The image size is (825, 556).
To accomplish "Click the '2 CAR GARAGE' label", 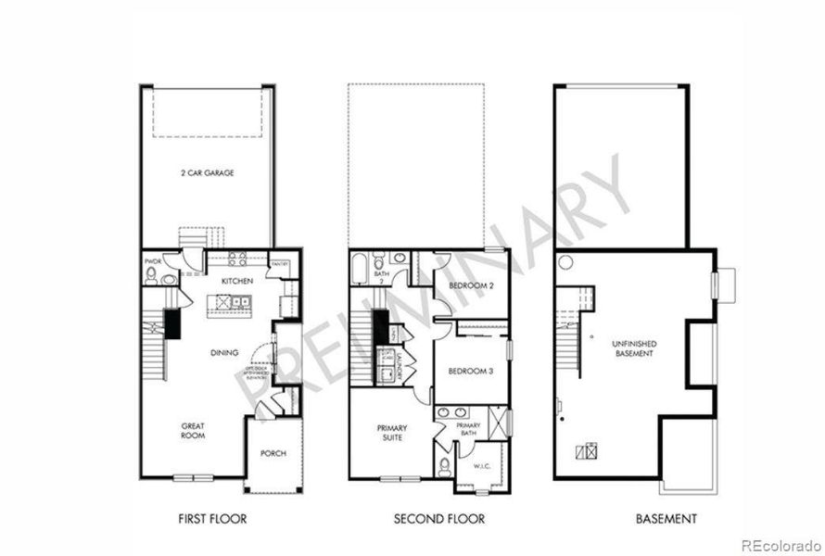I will coord(208,173).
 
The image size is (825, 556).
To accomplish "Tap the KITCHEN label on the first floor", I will coord(236,281).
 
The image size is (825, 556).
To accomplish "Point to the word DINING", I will coord(223,352).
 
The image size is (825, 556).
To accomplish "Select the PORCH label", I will coord(273,453).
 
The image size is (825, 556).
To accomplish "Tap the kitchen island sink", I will coord(239,301).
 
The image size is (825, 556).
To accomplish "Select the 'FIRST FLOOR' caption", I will coord(213,519).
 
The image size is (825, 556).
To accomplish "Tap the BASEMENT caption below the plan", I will coord(666,519).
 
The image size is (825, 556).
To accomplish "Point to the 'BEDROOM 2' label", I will coord(470,286).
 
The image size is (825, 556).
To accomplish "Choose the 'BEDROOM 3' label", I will coord(470,371).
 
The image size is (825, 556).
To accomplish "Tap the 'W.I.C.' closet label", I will coord(482,466).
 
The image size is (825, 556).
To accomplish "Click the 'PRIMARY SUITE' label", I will coord(393,433).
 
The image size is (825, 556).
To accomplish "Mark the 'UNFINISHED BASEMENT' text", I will coord(634,348).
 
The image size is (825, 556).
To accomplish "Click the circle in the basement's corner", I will coord(565,263).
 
